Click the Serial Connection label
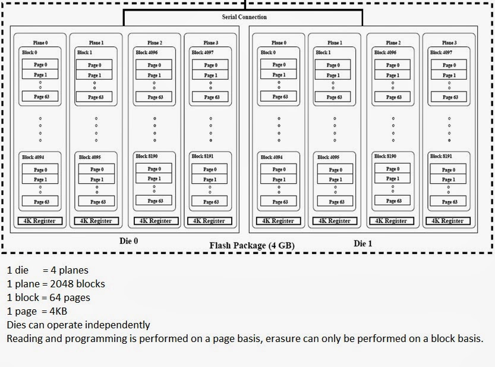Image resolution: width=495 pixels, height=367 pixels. [x=244, y=17]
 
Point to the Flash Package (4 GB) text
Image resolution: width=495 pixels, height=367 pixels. [x=251, y=246]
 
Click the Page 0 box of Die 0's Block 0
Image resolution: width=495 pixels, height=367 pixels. [x=40, y=64]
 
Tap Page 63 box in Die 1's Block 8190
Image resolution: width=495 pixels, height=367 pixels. [x=392, y=201]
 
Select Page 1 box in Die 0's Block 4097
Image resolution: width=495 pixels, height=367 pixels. [x=210, y=75]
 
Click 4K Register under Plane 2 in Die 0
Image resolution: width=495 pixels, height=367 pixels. [x=155, y=221]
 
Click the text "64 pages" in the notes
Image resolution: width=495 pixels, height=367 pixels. [x=70, y=297]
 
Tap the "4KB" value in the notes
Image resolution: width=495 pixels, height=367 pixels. [x=61, y=311]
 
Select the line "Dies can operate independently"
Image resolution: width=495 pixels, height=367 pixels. [x=78, y=325]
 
